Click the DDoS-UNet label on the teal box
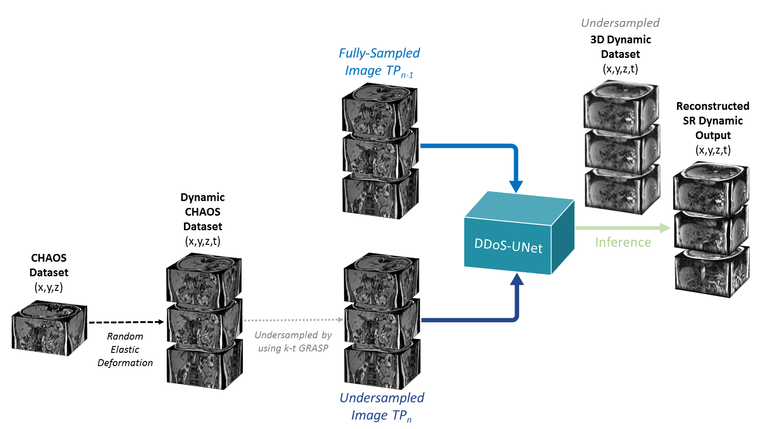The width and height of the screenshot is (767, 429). point(508,246)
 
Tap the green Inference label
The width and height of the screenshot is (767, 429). point(623,242)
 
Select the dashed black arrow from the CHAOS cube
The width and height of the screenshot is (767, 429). point(126,322)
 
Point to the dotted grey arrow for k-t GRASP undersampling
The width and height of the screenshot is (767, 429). point(293,320)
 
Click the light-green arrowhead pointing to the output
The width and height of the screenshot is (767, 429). point(664,227)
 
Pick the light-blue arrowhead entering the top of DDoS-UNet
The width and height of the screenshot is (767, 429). point(516,186)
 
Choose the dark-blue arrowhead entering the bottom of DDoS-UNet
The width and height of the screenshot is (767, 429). point(516,279)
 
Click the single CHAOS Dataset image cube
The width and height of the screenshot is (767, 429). point(49,328)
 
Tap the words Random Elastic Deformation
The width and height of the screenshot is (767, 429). point(125,350)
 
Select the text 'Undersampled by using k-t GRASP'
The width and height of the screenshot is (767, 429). point(293,341)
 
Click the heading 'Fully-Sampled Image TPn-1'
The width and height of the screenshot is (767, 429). point(379,62)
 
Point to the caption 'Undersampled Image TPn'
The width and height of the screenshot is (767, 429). point(382,406)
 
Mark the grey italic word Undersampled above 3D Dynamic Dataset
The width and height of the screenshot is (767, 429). point(620,23)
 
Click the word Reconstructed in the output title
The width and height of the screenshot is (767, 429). point(712,106)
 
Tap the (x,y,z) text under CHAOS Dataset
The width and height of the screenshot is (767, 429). point(49,287)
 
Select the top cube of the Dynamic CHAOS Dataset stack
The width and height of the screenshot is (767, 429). point(204,279)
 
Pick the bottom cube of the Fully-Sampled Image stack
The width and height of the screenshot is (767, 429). point(380,195)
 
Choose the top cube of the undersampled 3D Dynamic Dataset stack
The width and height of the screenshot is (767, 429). point(621,106)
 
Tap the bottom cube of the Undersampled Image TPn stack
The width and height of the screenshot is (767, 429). point(382,366)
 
